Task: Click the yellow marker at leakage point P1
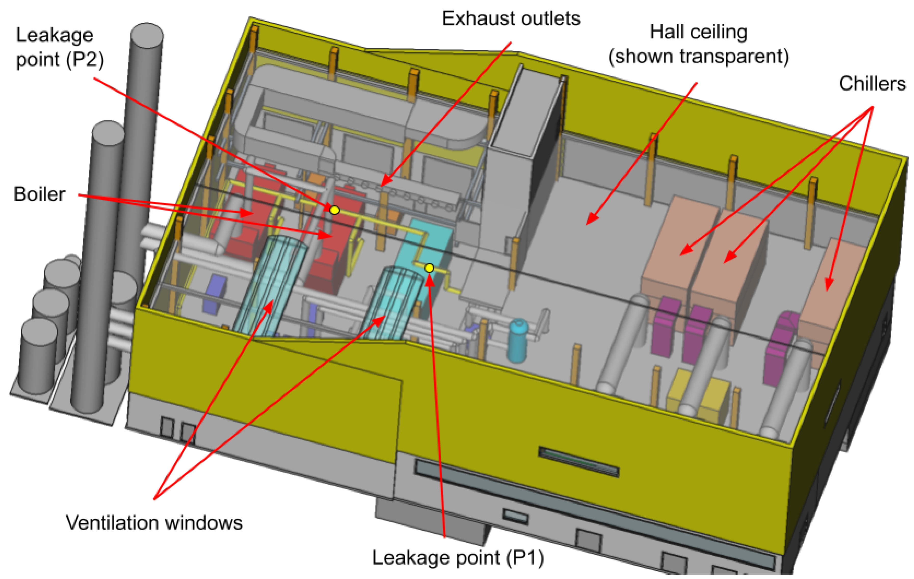coord(429,268)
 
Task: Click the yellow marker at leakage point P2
coord(334,210)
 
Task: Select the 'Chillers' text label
coord(872,84)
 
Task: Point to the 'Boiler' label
coord(39,194)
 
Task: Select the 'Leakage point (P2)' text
coord(60,47)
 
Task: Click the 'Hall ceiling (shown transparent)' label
coord(698,44)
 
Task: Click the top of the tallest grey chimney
coord(147,35)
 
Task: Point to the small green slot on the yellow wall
coord(579,461)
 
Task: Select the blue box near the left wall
coord(215,294)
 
